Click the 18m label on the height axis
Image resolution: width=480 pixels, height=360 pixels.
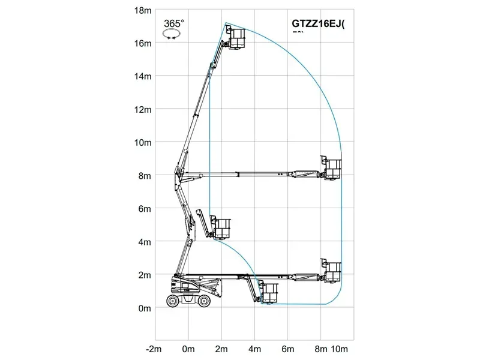[143, 10]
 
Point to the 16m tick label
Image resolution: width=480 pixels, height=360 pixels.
[143, 43]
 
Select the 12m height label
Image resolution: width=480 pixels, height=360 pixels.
[143, 109]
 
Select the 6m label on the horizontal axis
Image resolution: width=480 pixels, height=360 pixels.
[288, 349]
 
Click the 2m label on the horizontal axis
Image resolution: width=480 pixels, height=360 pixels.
[221, 349]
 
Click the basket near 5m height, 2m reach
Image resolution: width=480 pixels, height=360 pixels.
[223, 229]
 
